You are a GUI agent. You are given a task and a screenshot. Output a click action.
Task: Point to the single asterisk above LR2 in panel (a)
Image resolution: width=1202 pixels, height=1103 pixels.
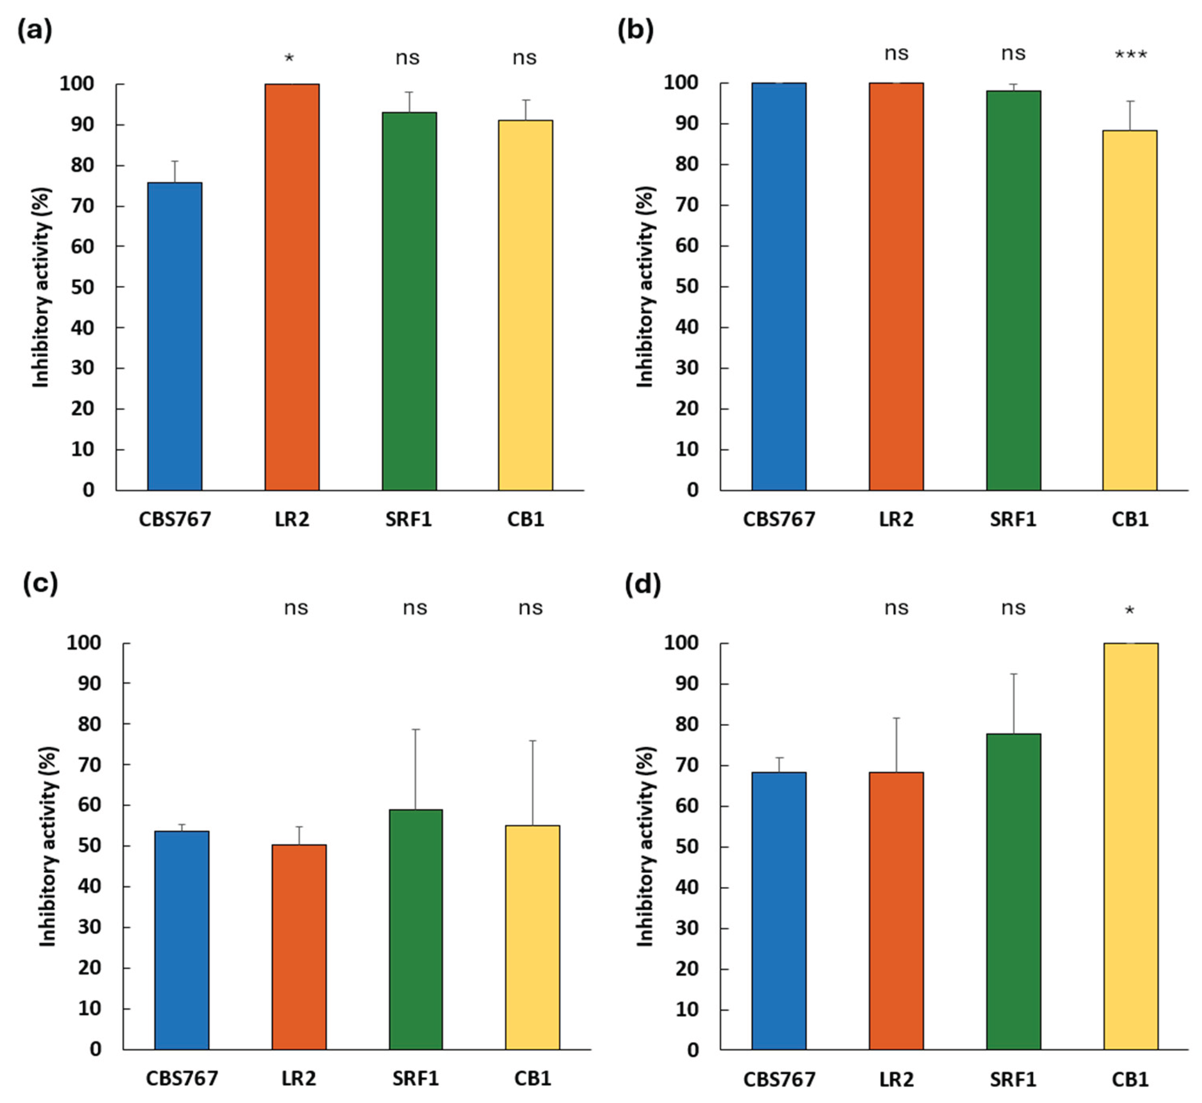pos(289,58)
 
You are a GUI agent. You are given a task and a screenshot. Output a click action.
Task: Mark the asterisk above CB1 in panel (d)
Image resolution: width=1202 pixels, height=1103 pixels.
pos(1129,611)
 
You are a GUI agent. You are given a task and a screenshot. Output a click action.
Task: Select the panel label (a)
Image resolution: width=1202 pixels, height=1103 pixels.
pos(35,30)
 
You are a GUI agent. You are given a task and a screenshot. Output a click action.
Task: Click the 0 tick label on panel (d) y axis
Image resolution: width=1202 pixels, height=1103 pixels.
pos(692,1051)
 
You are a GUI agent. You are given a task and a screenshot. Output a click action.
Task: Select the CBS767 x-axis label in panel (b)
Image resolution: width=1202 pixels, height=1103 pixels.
pos(779,519)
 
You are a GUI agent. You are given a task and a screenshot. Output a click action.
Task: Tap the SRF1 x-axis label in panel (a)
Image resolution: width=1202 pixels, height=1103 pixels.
pos(408,519)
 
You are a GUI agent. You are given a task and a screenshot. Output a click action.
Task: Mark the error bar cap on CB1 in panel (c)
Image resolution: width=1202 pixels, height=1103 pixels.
pos(532,741)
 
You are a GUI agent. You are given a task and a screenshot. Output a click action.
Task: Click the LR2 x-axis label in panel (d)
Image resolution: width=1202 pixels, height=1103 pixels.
pos(896,1079)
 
